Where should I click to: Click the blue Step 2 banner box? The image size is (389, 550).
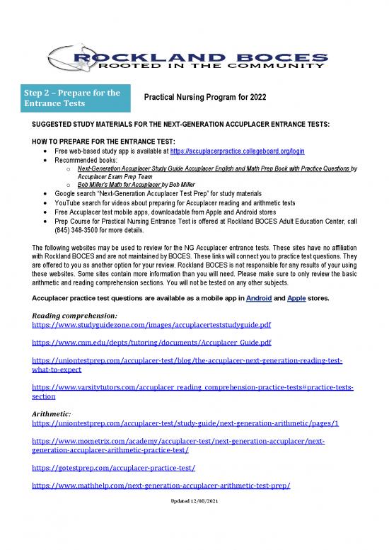pos(78,98)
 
